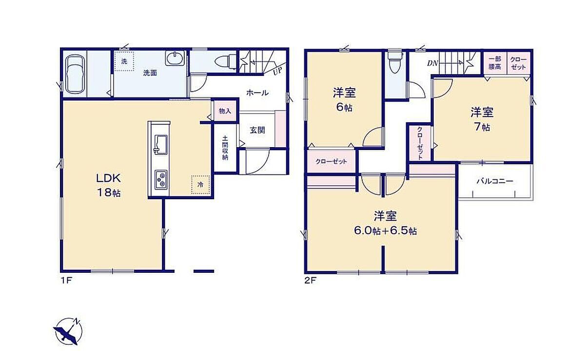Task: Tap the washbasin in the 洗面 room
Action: (175, 58)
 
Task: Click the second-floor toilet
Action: (394, 61)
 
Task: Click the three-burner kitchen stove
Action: (161, 180)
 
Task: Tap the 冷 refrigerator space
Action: (200, 185)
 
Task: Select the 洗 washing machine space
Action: (124, 61)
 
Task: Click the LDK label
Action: (109, 178)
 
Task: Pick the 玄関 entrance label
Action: (257, 130)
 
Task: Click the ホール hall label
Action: (257, 93)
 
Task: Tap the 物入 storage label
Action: (225, 111)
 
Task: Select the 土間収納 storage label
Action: (225, 148)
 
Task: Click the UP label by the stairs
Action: (277, 71)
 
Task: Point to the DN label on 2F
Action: (432, 63)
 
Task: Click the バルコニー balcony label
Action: (495, 181)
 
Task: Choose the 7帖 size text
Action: (482, 127)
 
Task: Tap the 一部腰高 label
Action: (495, 63)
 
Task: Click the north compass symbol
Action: (68, 332)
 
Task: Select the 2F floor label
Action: (311, 281)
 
